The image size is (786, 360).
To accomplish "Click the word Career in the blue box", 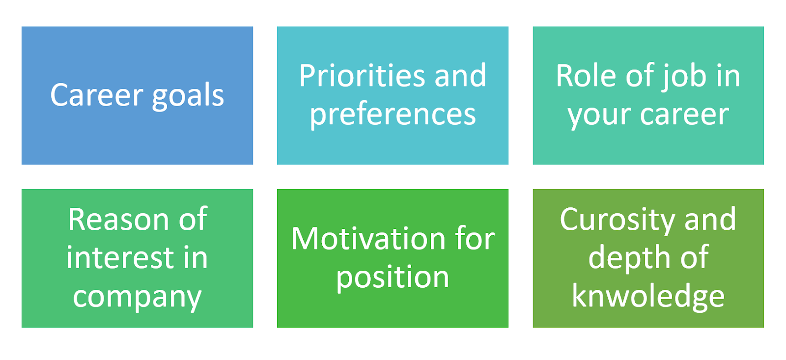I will [x=96, y=95].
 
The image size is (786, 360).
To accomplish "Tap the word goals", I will [x=188, y=96].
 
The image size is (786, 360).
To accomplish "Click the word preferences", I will [x=393, y=115].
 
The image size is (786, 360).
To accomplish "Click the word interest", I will [x=120, y=257].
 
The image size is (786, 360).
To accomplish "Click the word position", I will [x=393, y=278].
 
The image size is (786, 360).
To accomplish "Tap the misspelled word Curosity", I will [x=617, y=220].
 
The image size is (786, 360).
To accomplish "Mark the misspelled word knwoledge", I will [x=648, y=296].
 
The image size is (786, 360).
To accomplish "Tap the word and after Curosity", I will [x=710, y=219].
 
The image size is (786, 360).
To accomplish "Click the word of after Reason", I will [x=193, y=219].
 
